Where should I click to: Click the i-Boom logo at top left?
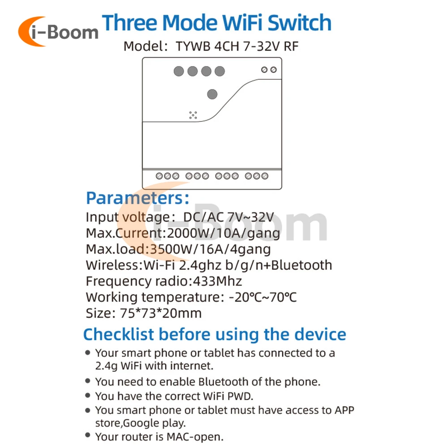(x=58, y=31)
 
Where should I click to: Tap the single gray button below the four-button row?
(x=212, y=94)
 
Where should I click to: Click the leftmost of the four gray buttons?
(x=179, y=71)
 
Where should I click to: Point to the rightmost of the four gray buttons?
(x=220, y=71)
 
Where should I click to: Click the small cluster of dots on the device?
(x=193, y=115)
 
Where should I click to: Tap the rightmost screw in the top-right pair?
(x=273, y=70)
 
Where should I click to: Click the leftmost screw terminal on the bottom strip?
(x=159, y=176)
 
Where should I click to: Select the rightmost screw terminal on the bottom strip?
(x=265, y=176)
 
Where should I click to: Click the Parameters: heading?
(x=138, y=198)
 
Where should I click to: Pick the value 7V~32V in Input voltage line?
(x=250, y=217)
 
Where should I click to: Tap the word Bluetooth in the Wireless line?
(x=302, y=265)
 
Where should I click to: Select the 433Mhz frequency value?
(x=217, y=281)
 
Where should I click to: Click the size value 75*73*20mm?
(x=160, y=313)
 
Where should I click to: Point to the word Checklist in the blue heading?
(x=119, y=334)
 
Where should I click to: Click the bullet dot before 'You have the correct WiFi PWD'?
(x=88, y=396)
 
